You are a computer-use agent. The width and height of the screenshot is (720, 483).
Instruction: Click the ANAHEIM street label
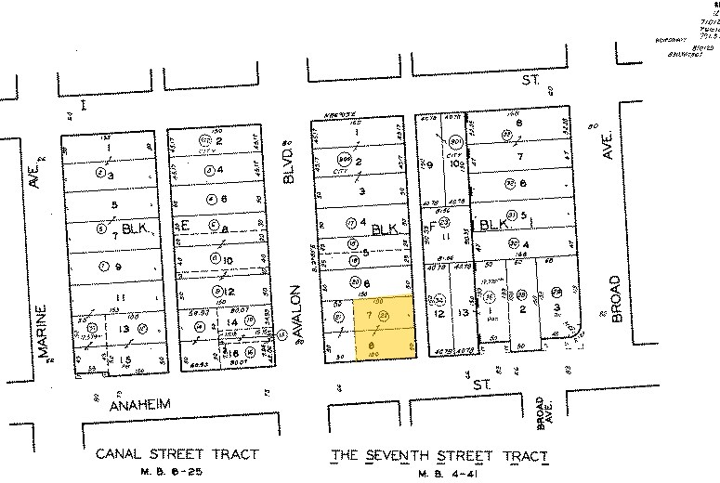click(141, 406)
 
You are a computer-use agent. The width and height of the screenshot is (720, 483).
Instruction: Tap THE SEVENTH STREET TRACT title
click(439, 456)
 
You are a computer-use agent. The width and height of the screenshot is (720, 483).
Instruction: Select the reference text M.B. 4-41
click(439, 471)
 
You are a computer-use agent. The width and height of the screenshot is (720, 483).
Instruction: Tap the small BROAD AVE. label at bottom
click(544, 418)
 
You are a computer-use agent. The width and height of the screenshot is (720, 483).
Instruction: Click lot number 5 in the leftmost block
click(114, 204)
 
